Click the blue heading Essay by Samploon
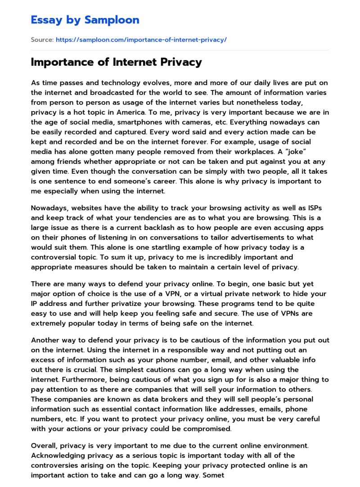(85, 20)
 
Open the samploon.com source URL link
(141, 40)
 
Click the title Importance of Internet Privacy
(116, 63)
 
